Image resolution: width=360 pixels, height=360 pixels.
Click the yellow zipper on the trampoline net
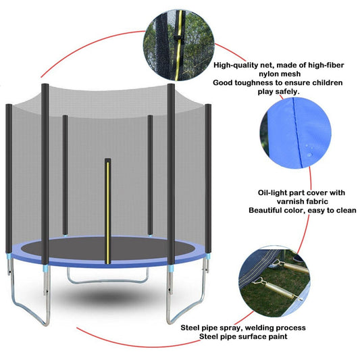click(x=107, y=211)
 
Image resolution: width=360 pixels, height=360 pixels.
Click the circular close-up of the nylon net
click(x=179, y=45)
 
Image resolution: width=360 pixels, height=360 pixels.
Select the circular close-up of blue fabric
click(x=297, y=132)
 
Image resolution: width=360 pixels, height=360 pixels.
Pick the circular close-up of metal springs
click(x=275, y=282)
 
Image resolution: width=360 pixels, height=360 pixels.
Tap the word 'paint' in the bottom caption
click(x=278, y=336)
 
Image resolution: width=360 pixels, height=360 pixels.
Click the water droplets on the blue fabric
click(x=308, y=150)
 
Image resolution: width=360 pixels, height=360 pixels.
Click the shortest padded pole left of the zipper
click(x=65, y=175)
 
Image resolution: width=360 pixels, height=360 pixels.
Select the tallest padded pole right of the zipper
click(x=171, y=174)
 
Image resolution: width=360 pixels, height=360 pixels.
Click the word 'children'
click(x=327, y=82)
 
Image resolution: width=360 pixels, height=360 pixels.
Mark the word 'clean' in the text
click(x=346, y=210)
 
